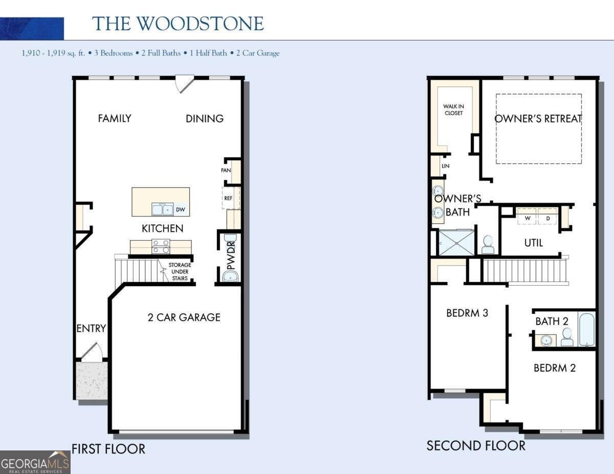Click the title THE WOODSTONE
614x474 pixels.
(x=178, y=24)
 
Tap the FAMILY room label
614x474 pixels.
(x=115, y=118)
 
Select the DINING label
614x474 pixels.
(x=205, y=119)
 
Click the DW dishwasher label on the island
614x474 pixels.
(x=180, y=209)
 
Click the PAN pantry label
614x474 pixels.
(x=226, y=170)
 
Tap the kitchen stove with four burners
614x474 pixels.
(x=161, y=246)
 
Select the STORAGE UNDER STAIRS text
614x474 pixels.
(x=180, y=272)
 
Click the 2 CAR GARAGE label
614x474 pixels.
(x=184, y=317)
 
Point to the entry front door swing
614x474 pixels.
(x=91, y=352)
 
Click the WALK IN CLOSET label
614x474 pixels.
(x=453, y=110)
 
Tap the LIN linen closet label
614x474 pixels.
(x=445, y=166)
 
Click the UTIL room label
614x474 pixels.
(x=534, y=243)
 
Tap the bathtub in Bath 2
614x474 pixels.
(x=586, y=329)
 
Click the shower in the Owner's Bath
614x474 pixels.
(x=456, y=243)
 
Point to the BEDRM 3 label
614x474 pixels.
(x=467, y=313)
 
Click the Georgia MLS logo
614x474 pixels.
(x=35, y=462)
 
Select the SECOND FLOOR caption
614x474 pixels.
(x=476, y=446)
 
